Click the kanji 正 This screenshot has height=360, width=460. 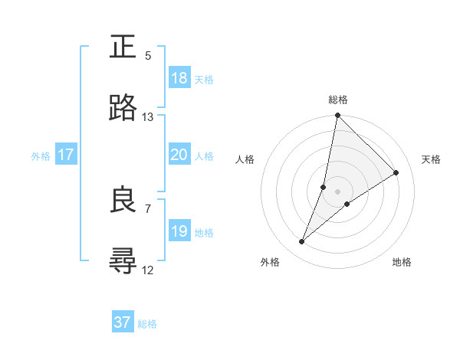tap(123, 47)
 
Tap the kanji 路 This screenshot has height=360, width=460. tap(123, 108)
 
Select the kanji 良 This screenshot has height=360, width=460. tap(123, 200)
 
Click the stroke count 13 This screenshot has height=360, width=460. tap(148, 117)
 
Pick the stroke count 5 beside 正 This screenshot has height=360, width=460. tap(148, 56)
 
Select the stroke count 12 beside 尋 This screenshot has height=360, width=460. tap(148, 270)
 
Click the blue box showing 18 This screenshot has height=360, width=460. tap(179, 78)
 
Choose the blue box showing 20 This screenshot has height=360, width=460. tap(179, 155)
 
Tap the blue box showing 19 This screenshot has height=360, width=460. tap(179, 231)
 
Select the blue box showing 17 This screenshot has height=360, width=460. tap(66, 155)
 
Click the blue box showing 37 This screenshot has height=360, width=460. tap(123, 322)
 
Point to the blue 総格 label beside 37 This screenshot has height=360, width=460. tap(147, 324)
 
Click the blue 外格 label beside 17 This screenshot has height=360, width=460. tap(41, 156)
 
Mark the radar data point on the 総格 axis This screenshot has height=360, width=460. tap(337, 116)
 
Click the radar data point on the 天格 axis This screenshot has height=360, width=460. tap(396, 172)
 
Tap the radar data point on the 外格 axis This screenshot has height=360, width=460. tap(302, 242)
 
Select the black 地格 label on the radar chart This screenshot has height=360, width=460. tap(402, 262)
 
